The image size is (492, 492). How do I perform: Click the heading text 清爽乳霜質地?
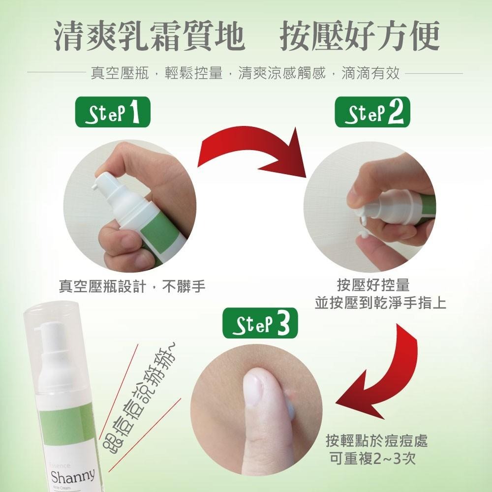click(149, 36)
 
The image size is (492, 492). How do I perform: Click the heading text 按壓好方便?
click(359, 36)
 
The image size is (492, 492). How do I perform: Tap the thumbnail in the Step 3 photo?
click(256, 389)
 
